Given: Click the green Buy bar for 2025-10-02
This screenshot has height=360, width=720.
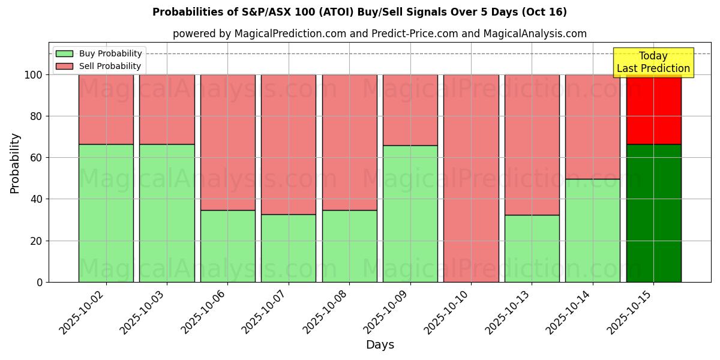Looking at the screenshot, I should pos(106,213).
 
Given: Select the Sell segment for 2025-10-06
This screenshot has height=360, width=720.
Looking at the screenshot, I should pos(227,142).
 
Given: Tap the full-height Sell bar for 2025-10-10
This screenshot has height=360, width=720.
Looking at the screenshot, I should pos(471,178).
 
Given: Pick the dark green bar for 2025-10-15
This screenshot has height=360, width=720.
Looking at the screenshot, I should pos(653,213).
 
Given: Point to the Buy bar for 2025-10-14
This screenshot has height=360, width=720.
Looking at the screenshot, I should pos(593,230).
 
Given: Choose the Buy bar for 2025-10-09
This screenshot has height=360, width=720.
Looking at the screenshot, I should pos(410,214).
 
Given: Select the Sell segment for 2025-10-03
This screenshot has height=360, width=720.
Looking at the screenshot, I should pos(167,109).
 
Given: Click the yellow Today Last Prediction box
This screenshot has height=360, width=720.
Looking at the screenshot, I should pos(653,62).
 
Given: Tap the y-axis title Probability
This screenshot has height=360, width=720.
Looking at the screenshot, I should pos(15,163).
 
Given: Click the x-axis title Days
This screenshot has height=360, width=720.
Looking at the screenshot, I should pos(380,345).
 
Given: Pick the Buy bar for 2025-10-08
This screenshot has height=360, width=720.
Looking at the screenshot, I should pos(349,246).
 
